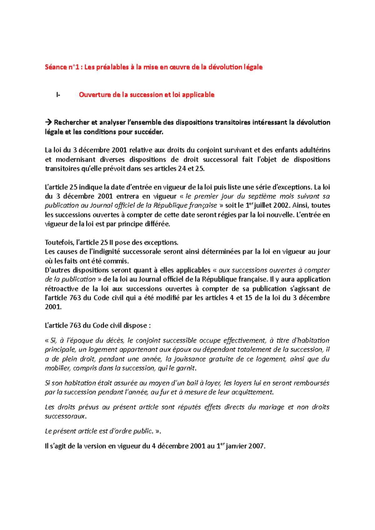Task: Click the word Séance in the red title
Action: (x=56, y=67)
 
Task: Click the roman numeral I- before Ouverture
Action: (x=58, y=95)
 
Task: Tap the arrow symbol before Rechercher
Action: (x=48, y=123)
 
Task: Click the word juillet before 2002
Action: (x=262, y=205)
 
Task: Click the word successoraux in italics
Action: (x=65, y=416)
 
